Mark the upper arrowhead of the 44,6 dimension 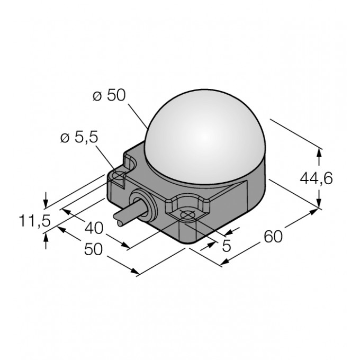coord(319,152)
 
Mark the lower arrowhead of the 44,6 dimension coord(319,205)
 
